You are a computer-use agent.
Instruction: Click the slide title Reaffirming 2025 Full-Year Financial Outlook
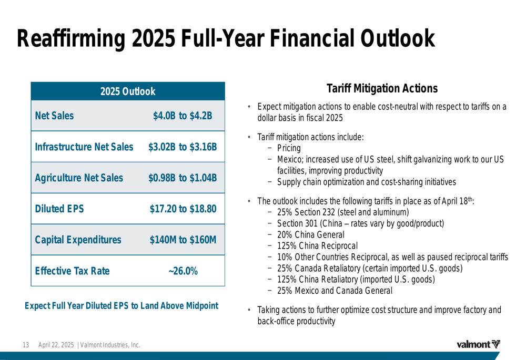(x=226, y=38)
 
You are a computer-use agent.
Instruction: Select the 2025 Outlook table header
(x=128, y=91)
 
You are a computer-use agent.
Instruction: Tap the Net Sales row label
(x=54, y=116)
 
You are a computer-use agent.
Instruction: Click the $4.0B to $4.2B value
(x=183, y=116)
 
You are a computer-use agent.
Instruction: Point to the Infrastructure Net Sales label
(x=84, y=147)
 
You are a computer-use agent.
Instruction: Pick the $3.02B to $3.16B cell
(x=183, y=147)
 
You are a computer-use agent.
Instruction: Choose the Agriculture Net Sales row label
(x=79, y=178)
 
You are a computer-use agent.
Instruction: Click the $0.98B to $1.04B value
(x=183, y=178)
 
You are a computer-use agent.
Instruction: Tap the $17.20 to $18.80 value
(x=183, y=209)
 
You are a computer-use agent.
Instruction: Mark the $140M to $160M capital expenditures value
(x=183, y=240)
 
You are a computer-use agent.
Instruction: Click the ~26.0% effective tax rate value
(x=183, y=271)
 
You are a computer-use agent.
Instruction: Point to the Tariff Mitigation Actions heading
(x=381, y=88)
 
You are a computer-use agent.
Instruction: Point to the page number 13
(x=25, y=345)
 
